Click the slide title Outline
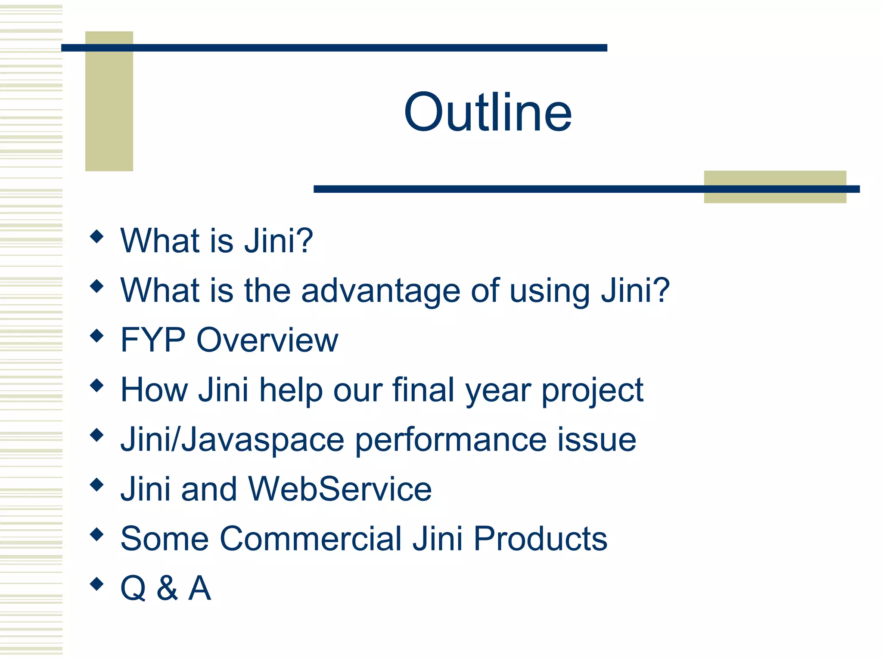click(488, 112)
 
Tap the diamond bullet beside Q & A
click(97, 584)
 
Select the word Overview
click(267, 340)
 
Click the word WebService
click(340, 489)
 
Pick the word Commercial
click(311, 539)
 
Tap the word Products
click(540, 539)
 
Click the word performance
click(450, 440)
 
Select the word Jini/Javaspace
click(232, 440)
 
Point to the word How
click(154, 390)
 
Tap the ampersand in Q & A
click(167, 588)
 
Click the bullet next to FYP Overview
click(97, 336)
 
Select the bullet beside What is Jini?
click(97, 236)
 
